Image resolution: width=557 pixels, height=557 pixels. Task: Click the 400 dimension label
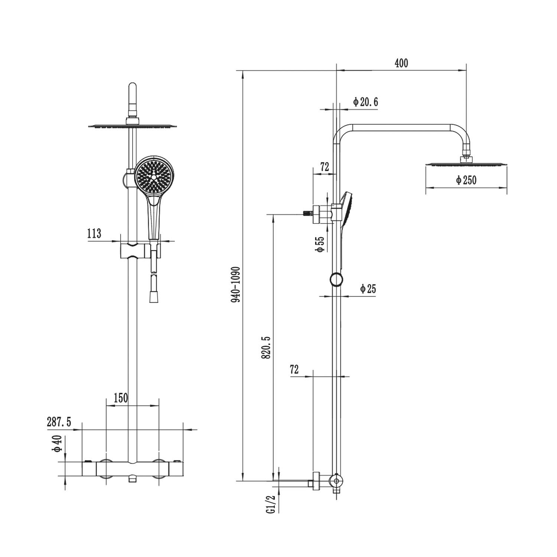pos(401,63)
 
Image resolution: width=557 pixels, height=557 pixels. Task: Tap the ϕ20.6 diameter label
pos(366,102)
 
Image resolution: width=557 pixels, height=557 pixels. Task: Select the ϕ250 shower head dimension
pos(466,180)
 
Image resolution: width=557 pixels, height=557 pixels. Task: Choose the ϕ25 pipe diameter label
pos(368,289)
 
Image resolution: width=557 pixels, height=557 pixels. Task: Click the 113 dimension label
pos(94,234)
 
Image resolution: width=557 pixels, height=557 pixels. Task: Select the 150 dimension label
pos(121,398)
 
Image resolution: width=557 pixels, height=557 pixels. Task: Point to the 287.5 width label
pos(59,422)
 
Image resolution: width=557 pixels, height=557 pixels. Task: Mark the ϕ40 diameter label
pos(58,444)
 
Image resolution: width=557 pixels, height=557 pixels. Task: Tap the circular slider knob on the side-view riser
pos(336,279)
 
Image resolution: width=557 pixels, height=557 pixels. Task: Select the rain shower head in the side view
pos(466,165)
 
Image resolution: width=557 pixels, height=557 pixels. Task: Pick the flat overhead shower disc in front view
pos(133,126)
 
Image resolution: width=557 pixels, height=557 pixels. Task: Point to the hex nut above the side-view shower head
pos(466,159)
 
